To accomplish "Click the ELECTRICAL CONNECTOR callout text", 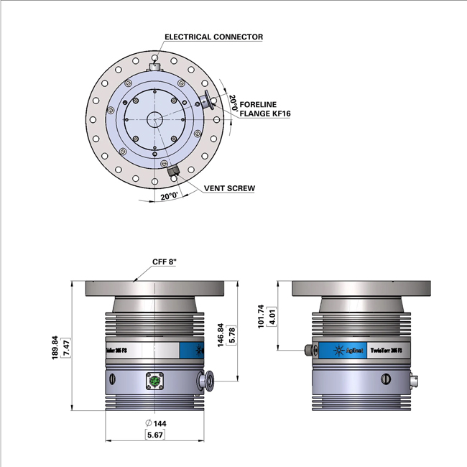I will (213, 37).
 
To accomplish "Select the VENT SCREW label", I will (229, 188).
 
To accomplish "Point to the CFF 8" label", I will (165, 262).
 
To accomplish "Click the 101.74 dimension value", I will (261, 315).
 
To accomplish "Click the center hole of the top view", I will (154, 119).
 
